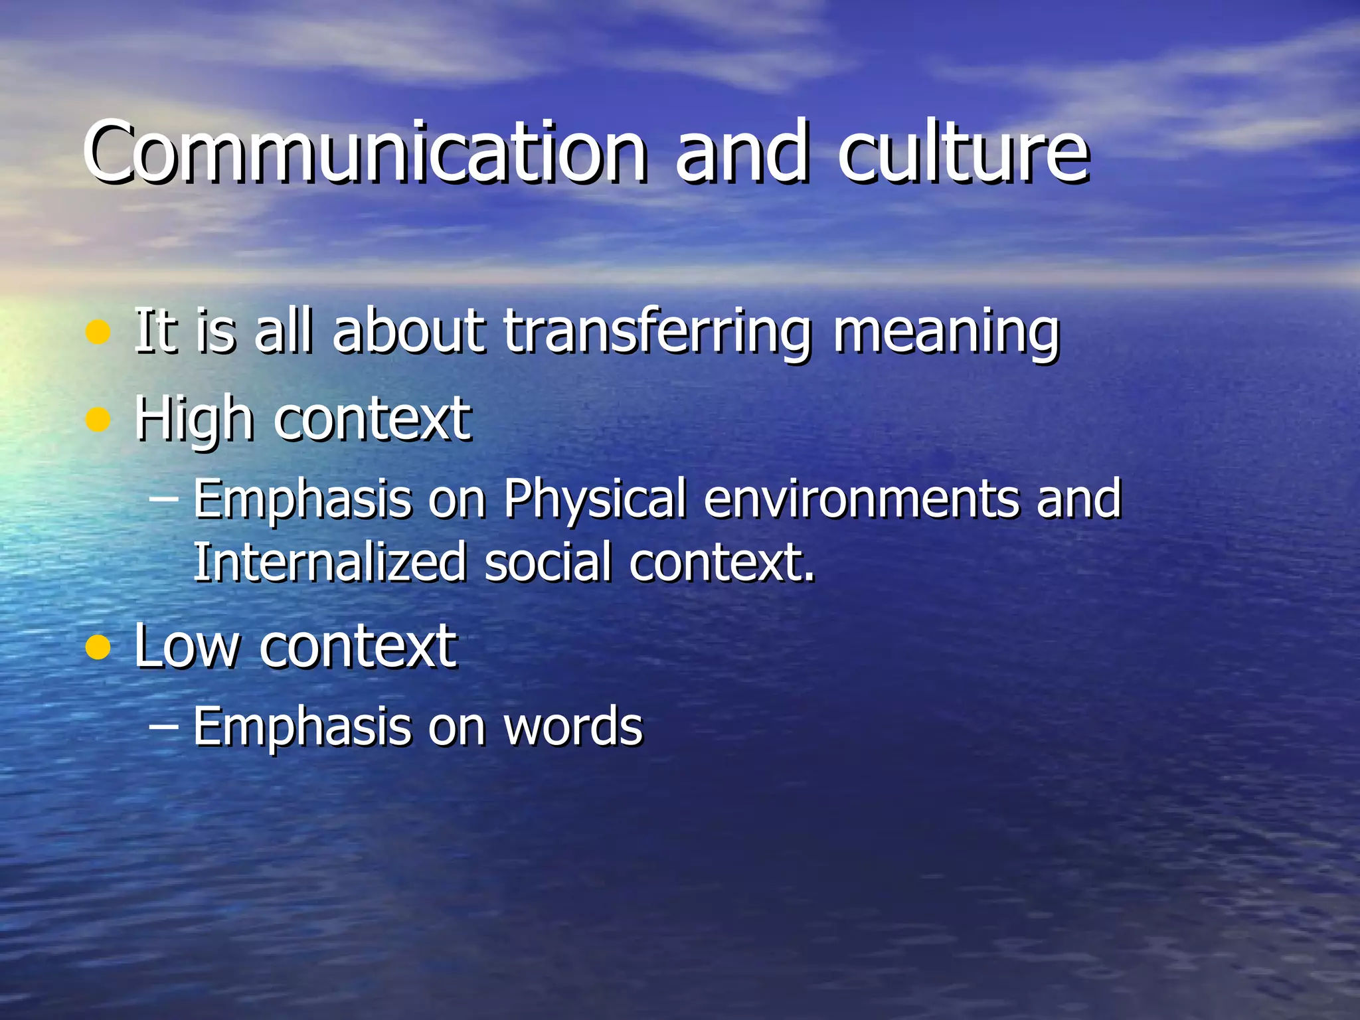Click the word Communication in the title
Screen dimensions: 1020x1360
point(365,152)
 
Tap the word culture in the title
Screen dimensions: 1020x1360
point(963,152)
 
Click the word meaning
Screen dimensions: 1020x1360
point(946,331)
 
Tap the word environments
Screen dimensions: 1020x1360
point(861,499)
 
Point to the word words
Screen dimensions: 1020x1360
point(573,727)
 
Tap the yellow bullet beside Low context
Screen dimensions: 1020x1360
point(98,647)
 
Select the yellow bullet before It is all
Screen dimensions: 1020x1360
point(98,332)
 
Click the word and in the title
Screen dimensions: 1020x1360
point(742,152)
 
